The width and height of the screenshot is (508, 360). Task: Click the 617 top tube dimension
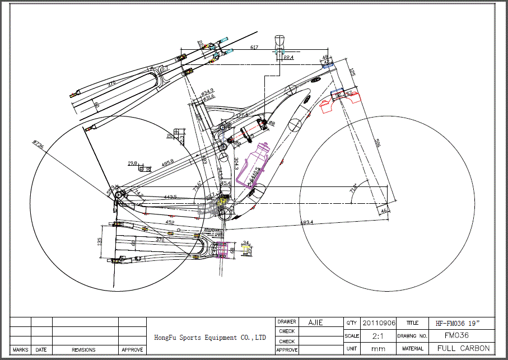pos(254,48)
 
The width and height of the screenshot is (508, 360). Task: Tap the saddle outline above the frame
pos(281,41)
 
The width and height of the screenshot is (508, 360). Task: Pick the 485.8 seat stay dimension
pos(167,162)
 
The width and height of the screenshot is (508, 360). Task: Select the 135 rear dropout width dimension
pos(100,241)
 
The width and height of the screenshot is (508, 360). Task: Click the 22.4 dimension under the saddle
pos(288,57)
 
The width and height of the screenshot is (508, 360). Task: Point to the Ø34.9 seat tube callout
pos(207,91)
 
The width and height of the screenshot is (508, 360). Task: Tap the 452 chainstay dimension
pos(170,222)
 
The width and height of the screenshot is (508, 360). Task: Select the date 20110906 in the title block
pos(379,323)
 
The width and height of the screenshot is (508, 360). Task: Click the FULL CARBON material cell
pos(463,348)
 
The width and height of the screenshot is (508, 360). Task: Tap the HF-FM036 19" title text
pos(457,323)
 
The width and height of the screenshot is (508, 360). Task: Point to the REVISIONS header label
pos(84,349)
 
